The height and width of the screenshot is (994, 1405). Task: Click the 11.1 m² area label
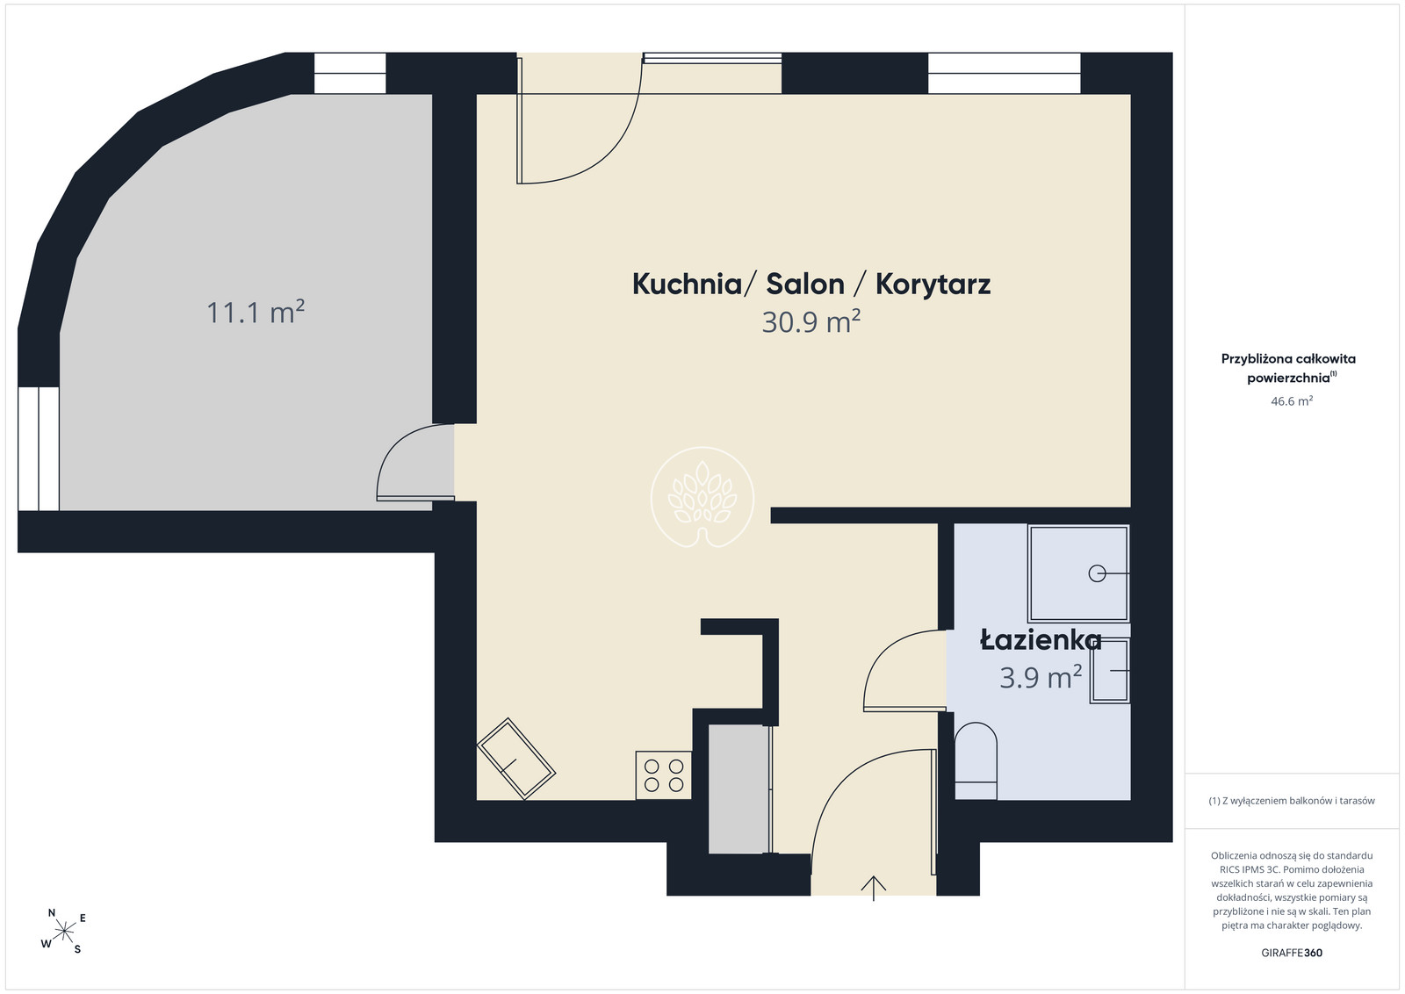[x=256, y=312]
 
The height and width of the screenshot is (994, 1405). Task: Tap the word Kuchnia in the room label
[x=687, y=285]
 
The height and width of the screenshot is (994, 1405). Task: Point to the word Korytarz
[x=933, y=285]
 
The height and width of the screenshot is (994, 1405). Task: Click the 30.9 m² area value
[x=811, y=321]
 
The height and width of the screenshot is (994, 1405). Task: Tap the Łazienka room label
[x=1041, y=640]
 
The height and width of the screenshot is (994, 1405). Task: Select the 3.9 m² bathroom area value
[x=1041, y=677]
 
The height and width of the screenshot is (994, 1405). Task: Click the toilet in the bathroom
[x=976, y=760]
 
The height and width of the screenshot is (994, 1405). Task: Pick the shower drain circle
[x=1097, y=573]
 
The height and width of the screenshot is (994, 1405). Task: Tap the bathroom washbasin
[x=1110, y=670]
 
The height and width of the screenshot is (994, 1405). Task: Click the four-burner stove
[x=664, y=775]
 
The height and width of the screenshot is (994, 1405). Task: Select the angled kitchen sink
[x=516, y=759]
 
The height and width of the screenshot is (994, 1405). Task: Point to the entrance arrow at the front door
[x=873, y=888]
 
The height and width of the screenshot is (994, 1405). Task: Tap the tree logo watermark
[x=702, y=497]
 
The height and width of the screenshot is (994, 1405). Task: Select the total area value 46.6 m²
[x=1292, y=400]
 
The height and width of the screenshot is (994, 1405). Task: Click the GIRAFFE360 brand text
[x=1292, y=953]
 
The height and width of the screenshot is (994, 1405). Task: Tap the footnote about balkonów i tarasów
[x=1292, y=800]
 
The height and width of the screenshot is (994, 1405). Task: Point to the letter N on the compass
[x=52, y=912]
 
